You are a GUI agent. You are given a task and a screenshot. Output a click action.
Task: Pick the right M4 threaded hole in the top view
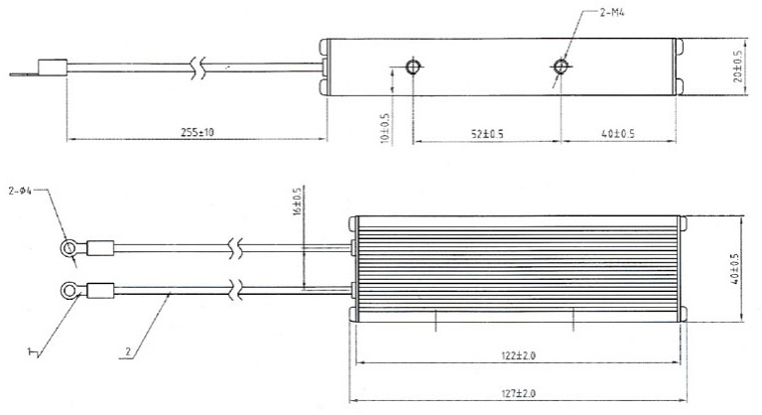coord(562,68)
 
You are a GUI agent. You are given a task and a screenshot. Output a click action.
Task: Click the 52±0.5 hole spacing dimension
coord(485,133)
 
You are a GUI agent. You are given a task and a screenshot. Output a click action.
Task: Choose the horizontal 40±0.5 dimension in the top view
coord(618,133)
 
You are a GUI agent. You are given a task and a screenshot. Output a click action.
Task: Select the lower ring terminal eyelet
coord(68,290)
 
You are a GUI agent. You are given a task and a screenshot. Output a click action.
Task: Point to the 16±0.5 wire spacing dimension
coord(295,202)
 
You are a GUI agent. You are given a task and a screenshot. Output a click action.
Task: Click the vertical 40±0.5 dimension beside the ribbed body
coord(735,268)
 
